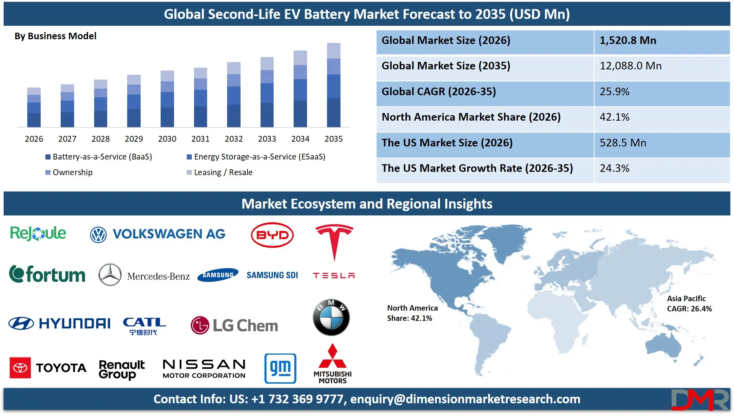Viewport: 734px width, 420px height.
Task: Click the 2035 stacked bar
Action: pos(334,85)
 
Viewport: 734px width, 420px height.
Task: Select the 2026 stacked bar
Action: pos(34,108)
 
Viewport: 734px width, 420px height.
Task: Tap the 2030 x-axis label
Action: pos(167,139)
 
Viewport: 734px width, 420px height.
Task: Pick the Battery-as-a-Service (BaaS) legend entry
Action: pos(98,157)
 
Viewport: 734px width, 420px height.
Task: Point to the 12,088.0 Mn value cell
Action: pos(630,66)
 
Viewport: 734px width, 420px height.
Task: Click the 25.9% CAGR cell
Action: pos(614,92)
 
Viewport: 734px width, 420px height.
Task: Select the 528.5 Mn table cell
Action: pos(622,143)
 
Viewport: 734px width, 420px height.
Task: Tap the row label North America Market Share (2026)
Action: pos(471,117)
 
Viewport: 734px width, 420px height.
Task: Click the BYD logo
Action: pos(272,235)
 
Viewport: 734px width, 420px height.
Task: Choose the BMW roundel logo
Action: pos(331,318)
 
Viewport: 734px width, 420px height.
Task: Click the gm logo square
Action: pos(280,368)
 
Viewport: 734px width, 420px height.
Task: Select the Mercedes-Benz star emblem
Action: pos(110,275)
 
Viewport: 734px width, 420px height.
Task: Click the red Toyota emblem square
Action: pos(20,368)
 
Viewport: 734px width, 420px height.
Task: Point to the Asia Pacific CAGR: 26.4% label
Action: pos(689,304)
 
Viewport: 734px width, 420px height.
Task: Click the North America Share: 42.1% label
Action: pos(412,313)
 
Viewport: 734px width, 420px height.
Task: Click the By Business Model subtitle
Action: pos(56,36)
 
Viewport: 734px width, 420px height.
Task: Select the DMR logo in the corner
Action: pos(699,400)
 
